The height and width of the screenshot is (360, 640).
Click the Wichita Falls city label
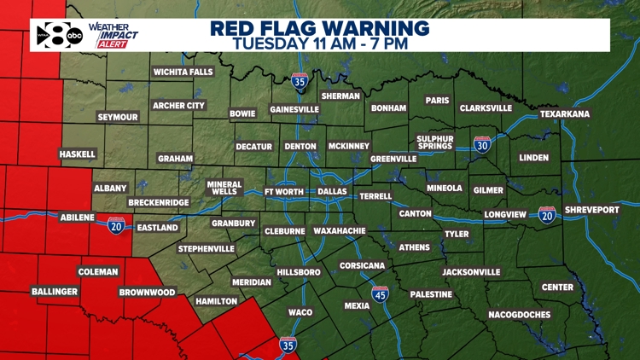(x=183, y=73)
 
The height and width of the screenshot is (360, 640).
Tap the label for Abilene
(x=77, y=218)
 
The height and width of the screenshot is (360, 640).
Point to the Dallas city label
(x=332, y=192)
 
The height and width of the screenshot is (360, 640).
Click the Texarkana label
(x=564, y=114)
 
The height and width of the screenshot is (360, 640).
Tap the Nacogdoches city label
(x=519, y=315)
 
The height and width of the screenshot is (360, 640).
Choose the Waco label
(x=300, y=312)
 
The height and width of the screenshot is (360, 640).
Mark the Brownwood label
(x=147, y=293)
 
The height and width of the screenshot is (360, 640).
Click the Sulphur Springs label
(x=434, y=142)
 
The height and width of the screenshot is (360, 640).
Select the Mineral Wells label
(x=224, y=188)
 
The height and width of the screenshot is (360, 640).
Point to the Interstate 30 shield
(x=482, y=145)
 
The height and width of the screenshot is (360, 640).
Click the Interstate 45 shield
(x=380, y=295)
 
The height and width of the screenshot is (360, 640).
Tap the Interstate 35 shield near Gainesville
(x=299, y=82)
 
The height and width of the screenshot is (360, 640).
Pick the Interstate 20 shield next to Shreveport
(x=547, y=215)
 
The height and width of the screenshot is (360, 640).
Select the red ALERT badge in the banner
(x=111, y=44)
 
